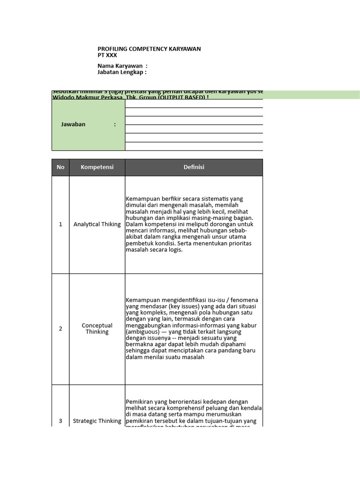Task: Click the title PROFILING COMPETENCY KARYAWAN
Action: [x=149, y=49]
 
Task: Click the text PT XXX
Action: [x=107, y=55]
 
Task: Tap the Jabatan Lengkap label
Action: [x=122, y=73]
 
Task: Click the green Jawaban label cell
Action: [x=88, y=125]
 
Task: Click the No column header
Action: [x=60, y=167]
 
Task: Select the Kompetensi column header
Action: [x=97, y=167]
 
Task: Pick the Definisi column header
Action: [x=194, y=167]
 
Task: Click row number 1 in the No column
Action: [x=60, y=225]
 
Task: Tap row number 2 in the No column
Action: [x=60, y=329]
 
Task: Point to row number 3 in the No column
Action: [x=60, y=421]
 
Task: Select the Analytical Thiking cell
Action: [x=97, y=225]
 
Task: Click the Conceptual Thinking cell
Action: [x=97, y=329]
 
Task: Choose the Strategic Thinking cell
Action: [x=97, y=421]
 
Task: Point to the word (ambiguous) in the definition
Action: [x=142, y=332]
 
